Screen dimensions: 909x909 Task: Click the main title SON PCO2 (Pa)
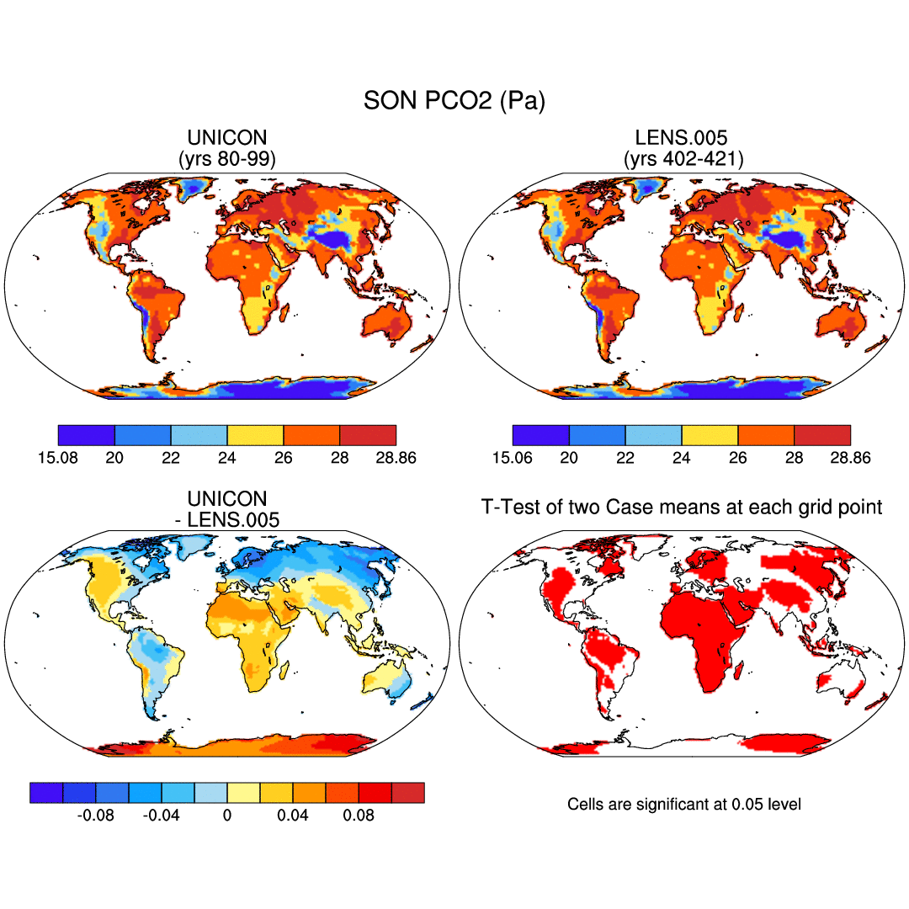click(x=454, y=102)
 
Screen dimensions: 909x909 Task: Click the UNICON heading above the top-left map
click(x=227, y=138)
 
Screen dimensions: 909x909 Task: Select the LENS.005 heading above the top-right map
click(x=683, y=138)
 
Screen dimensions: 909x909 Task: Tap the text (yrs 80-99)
click(x=227, y=157)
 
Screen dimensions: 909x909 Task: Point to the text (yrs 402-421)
click(x=683, y=157)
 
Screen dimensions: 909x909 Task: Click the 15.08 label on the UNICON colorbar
click(x=58, y=457)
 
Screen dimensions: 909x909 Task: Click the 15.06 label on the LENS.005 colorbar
click(x=513, y=457)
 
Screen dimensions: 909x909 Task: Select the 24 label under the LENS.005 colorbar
click(x=682, y=457)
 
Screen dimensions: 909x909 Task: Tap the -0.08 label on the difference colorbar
click(x=95, y=815)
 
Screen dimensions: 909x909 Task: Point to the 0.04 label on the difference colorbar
click(x=293, y=815)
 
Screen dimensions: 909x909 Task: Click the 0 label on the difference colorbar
click(x=227, y=815)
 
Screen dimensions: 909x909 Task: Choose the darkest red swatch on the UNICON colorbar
click(x=368, y=435)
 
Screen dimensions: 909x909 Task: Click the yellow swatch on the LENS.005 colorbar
click(x=710, y=435)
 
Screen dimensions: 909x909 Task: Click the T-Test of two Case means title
click(x=682, y=507)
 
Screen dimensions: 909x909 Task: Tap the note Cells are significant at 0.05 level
click(x=684, y=805)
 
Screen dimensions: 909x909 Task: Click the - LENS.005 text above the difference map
click(x=227, y=520)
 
